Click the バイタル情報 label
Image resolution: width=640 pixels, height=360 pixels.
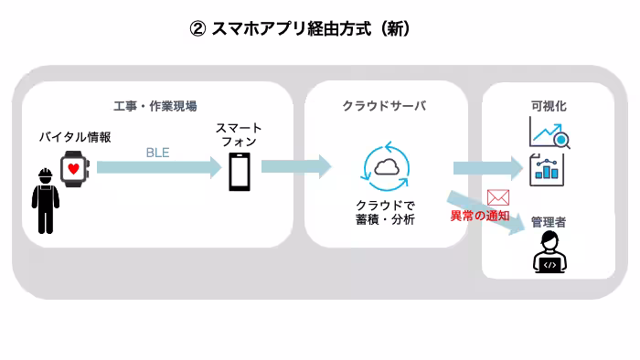75,137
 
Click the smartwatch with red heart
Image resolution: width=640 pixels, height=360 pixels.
73,170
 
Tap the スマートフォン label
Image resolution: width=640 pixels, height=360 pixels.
239,136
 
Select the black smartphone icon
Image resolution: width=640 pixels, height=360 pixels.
239,171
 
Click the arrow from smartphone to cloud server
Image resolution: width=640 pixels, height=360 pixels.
295,166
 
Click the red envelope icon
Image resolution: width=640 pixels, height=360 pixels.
498,197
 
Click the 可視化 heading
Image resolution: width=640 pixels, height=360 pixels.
549,106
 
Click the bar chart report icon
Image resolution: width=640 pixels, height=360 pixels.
549,169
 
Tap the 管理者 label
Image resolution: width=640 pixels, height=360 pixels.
549,222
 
